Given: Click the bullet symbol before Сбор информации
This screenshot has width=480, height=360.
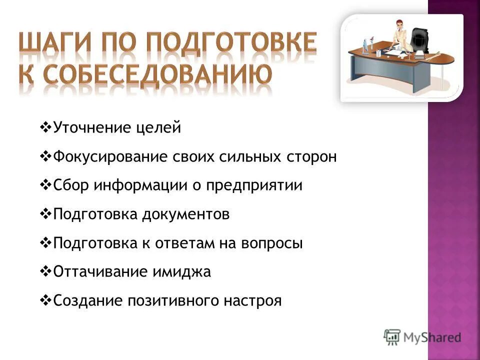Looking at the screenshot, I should click(x=44, y=185).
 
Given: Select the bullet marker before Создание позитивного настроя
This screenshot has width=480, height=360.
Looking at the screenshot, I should click(x=44, y=300).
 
